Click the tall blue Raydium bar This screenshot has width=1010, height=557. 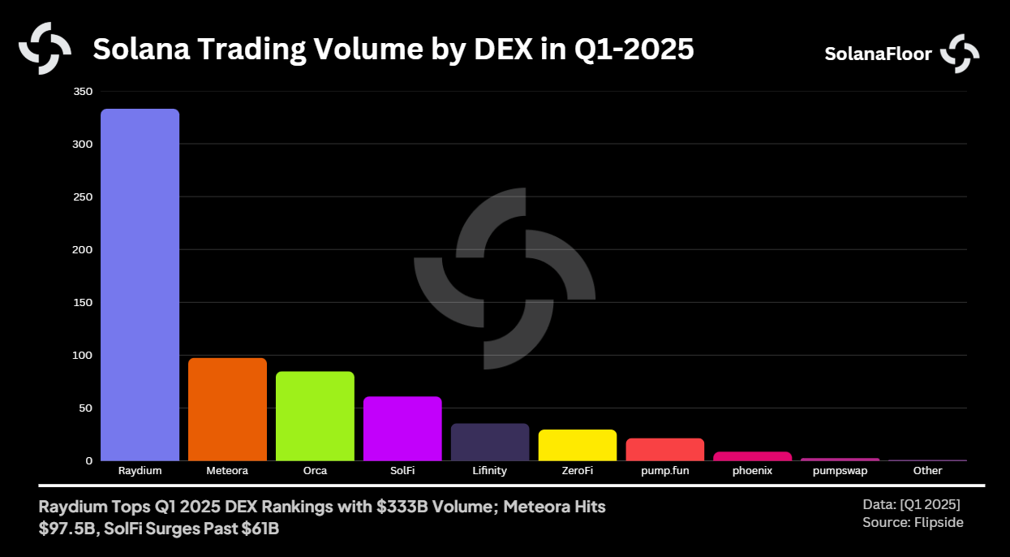pos(140,284)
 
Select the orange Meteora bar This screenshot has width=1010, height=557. pos(227,409)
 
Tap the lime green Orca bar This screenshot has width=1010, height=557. pos(315,416)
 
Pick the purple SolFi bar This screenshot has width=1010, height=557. pos(402,428)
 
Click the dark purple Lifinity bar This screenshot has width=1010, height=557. pos(490,442)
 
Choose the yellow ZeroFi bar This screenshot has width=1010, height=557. pos(578,445)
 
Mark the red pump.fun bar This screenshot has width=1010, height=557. pos(665,449)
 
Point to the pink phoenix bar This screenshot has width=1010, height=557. pos(752,456)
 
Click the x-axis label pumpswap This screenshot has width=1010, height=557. pos(840,470)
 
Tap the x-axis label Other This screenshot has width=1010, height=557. pos(927,470)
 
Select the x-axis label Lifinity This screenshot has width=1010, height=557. pos(490,470)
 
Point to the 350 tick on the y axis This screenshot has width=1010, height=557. pos(83,91)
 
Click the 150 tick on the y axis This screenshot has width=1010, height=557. pos(83,302)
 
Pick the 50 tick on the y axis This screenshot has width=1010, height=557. pos(85,408)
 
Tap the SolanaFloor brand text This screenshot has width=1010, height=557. pos(878,54)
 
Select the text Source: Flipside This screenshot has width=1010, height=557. pos(913,522)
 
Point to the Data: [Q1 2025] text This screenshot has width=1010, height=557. pos(911,504)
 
